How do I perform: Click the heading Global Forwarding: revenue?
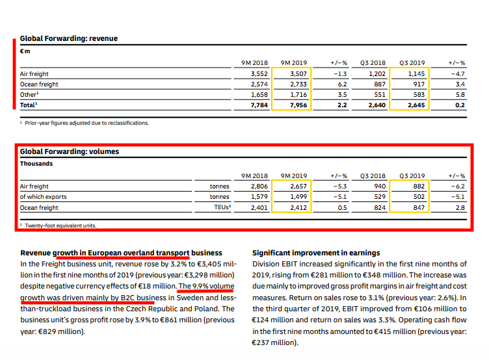click(68, 38)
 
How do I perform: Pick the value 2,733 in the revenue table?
click(298, 84)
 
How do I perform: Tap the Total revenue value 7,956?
click(298, 105)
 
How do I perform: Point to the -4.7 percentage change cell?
click(457, 74)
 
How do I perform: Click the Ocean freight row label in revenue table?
click(39, 84)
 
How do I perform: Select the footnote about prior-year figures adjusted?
click(86, 122)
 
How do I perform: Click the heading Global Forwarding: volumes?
click(69, 152)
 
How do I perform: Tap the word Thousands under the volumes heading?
click(36, 164)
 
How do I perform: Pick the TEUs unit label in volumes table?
click(222, 207)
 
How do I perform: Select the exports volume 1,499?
click(298, 197)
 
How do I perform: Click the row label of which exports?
click(44, 197)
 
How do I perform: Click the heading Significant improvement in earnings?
click(315, 253)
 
